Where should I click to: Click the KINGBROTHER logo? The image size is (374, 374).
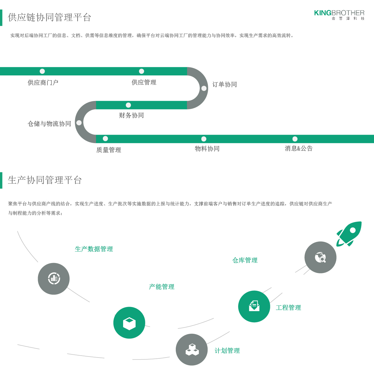(x=339, y=14)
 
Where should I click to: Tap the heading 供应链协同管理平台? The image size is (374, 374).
(x=50, y=17)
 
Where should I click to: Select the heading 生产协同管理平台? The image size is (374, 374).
(x=45, y=180)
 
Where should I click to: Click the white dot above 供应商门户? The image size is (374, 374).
(x=42, y=71)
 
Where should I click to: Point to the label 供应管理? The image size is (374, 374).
(x=144, y=83)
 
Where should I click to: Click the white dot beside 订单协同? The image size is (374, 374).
(x=204, y=89)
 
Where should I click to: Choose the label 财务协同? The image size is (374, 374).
(x=131, y=116)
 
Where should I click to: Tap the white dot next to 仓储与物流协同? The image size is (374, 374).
(x=79, y=123)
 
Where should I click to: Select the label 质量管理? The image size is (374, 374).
(x=108, y=150)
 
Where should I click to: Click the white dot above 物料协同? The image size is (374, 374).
(x=204, y=139)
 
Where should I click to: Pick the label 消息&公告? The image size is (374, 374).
(x=299, y=149)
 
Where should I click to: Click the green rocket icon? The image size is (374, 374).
(x=350, y=233)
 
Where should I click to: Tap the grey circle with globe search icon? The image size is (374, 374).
(x=320, y=257)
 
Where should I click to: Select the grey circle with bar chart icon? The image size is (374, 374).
(x=54, y=279)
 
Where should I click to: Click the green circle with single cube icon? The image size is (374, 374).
(x=129, y=323)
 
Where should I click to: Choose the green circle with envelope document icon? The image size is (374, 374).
(x=254, y=306)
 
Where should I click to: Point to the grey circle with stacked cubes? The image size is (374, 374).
(x=192, y=350)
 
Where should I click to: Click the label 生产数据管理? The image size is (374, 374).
(x=94, y=249)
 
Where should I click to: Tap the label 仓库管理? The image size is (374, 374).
(x=245, y=261)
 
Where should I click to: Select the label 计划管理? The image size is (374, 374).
(x=227, y=351)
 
